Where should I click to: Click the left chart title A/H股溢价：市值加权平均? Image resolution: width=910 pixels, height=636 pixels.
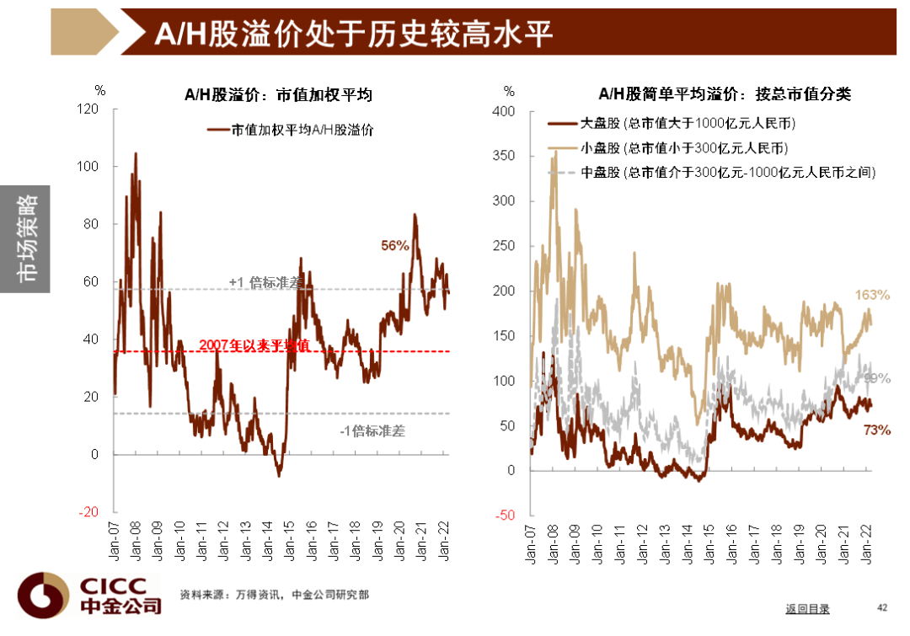coord(278,95)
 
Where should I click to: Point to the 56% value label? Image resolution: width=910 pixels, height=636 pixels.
coord(394,246)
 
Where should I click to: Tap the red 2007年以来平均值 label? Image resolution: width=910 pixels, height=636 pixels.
coord(254,345)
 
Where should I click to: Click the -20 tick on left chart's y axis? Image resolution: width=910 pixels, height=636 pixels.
coord(88,512)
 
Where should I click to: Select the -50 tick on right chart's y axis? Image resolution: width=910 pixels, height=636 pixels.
coord(504,516)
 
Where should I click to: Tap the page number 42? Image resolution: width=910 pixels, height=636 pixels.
coord(882,607)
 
